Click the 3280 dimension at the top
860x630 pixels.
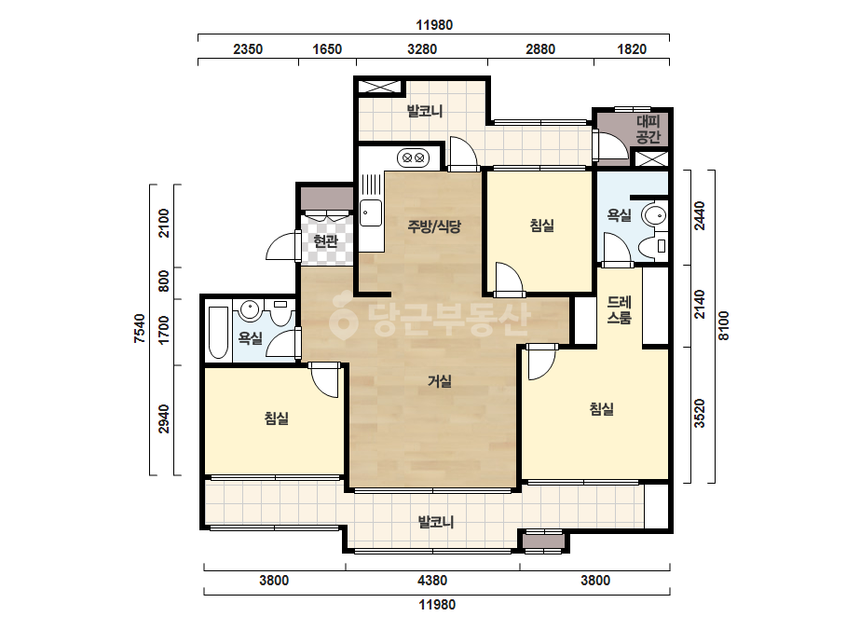tap(422, 49)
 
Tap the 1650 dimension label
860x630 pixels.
tap(327, 49)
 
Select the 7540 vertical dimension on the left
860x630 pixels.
tap(141, 329)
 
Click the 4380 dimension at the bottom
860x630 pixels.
tap(432, 580)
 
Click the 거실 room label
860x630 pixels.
tap(440, 381)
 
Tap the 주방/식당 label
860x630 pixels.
tap(434, 226)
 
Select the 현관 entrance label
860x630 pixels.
tap(325, 241)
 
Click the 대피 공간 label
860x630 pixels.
tap(648, 129)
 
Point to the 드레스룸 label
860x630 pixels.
tap(620, 309)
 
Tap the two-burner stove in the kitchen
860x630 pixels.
tap(414, 158)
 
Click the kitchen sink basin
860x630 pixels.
tap(371, 212)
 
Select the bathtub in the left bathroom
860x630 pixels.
tap(218, 333)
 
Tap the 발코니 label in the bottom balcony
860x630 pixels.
tap(436, 521)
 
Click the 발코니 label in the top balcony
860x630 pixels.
tap(425, 112)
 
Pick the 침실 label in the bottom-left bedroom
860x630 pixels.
tap(277, 418)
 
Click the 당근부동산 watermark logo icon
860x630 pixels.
tap(344, 316)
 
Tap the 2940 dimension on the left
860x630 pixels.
tap(164, 419)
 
